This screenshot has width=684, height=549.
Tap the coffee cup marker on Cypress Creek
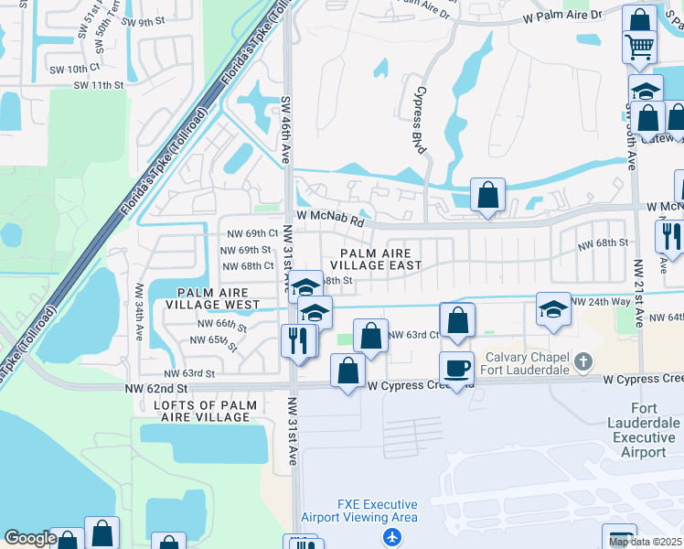pyautogui.click(x=456, y=368)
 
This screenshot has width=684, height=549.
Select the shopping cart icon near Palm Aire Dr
pyautogui.click(x=639, y=45)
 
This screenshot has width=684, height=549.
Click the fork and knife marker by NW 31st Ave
pyautogui.click(x=298, y=339)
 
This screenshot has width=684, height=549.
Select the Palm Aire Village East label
pyautogui.click(x=381, y=259)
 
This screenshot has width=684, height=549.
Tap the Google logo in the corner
pyautogui.click(x=30, y=538)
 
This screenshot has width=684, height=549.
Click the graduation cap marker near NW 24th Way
pyautogui.click(x=553, y=308)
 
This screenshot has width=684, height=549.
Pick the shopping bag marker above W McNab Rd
pyautogui.click(x=488, y=194)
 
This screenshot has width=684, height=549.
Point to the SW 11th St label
pyautogui.click(x=99, y=85)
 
